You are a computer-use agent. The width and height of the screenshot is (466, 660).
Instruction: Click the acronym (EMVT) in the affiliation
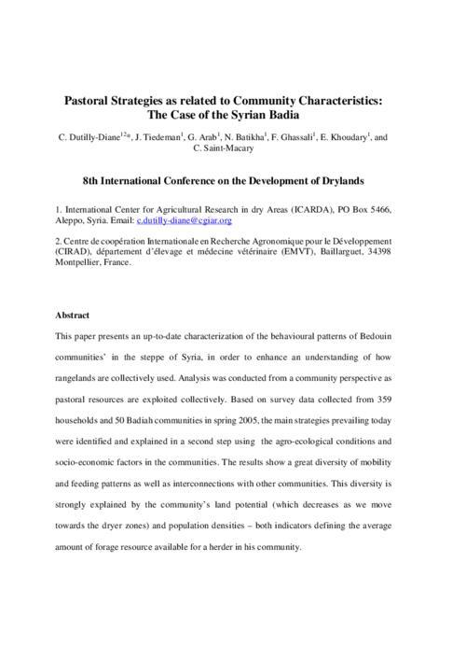[281, 252]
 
